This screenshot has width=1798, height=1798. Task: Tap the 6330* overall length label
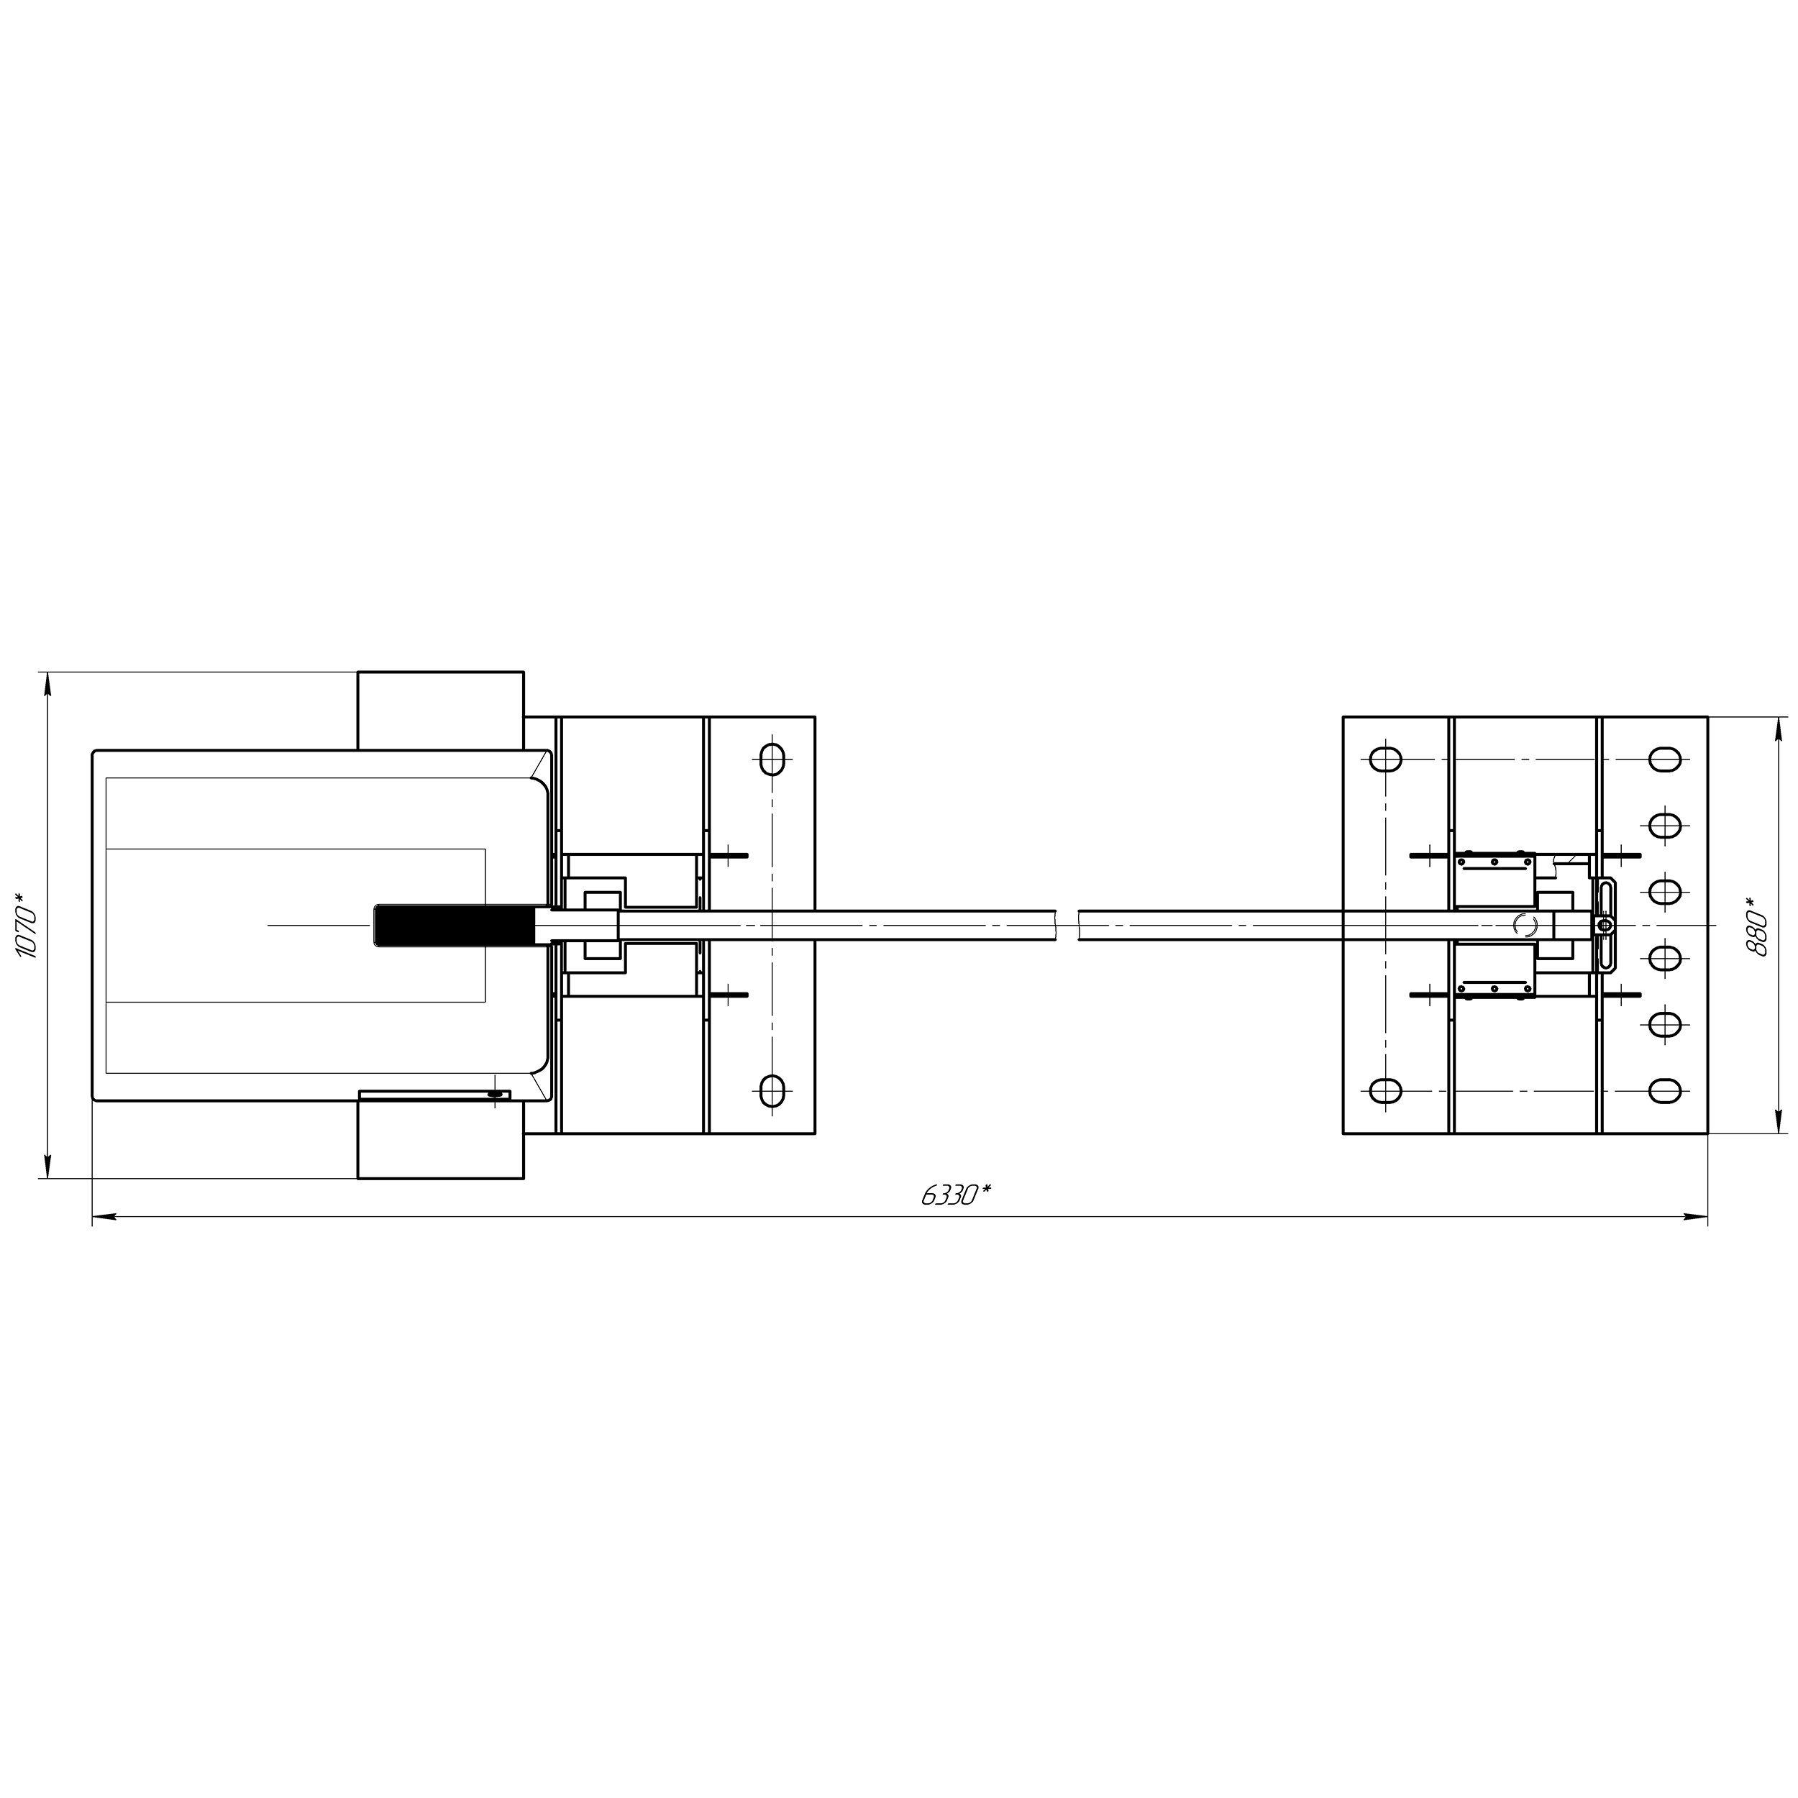click(x=956, y=1195)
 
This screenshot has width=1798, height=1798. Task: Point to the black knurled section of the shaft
click(x=454, y=926)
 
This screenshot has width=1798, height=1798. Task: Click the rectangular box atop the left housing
click(x=440, y=710)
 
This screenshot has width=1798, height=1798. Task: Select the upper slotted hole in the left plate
click(x=772, y=759)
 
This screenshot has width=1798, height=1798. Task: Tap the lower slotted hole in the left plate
click(x=772, y=1091)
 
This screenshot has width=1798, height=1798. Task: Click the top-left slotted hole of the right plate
click(x=1386, y=759)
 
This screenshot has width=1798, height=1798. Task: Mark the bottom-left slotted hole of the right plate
click(x=1386, y=1091)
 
